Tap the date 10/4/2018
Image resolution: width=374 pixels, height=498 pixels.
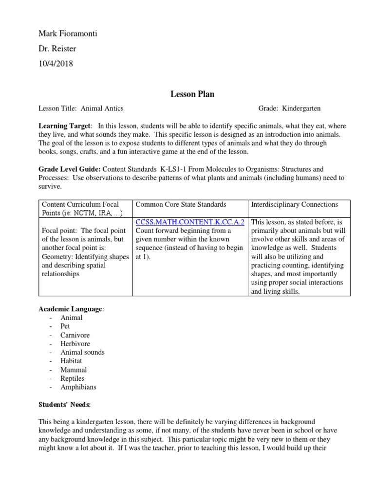click(56, 63)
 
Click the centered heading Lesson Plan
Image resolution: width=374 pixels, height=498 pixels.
click(192, 94)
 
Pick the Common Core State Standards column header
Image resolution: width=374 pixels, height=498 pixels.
click(181, 204)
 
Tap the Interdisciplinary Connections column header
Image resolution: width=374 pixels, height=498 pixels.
click(294, 204)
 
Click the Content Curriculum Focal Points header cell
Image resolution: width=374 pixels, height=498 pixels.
click(80, 209)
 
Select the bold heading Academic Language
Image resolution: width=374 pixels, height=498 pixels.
click(71, 309)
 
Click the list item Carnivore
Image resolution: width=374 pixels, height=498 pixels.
click(75, 335)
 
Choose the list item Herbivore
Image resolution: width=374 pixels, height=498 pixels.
click(75, 344)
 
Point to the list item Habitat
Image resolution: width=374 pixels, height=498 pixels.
click(71, 361)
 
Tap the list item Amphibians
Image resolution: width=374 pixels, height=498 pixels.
click(78, 387)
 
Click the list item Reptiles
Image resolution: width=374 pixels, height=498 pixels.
click(73, 378)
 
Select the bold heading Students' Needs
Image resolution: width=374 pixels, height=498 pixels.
click(65, 404)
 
